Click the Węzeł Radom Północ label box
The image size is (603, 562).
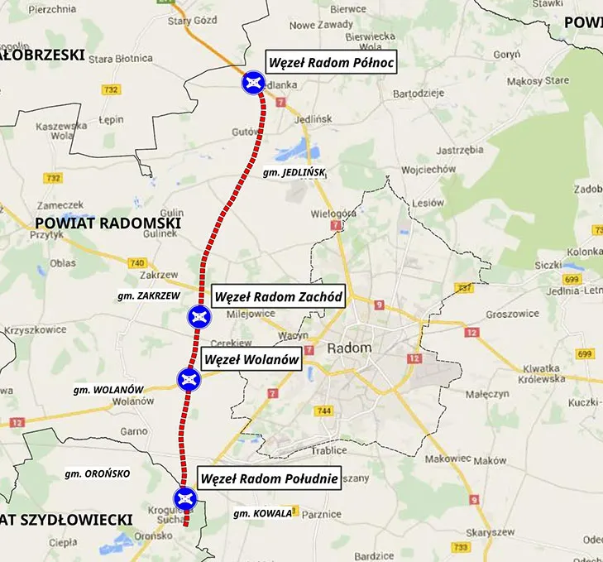329,62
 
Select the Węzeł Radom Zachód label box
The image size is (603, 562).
277,296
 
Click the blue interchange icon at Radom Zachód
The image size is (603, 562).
199,315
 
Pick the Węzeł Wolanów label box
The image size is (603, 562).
250,360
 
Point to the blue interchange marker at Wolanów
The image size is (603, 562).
189,380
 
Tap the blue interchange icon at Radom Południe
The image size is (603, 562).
184,497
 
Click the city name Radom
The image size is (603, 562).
350,348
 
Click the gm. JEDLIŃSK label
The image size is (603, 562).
294,172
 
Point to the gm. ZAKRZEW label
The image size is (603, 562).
149,295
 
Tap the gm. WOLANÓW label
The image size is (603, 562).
108,389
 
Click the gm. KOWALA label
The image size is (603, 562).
263,513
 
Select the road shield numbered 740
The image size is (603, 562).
137,262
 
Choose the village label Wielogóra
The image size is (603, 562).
333,213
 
